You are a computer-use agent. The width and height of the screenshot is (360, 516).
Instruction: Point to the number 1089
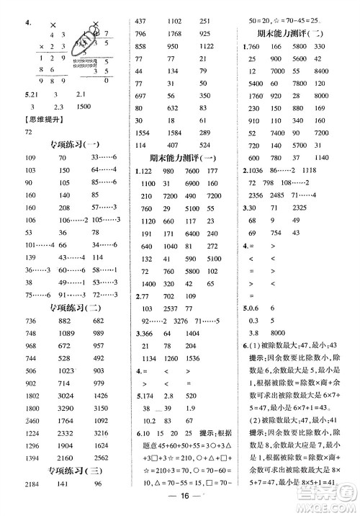pos(68,334)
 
